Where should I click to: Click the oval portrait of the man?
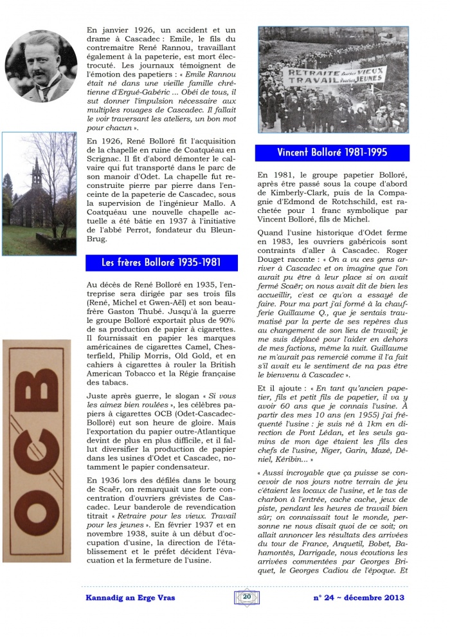click(40, 66)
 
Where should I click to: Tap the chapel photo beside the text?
click(39, 194)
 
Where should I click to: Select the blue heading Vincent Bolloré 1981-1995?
click(332, 152)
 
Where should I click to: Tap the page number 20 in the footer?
click(247, 596)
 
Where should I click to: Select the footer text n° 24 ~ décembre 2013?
click(358, 597)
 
